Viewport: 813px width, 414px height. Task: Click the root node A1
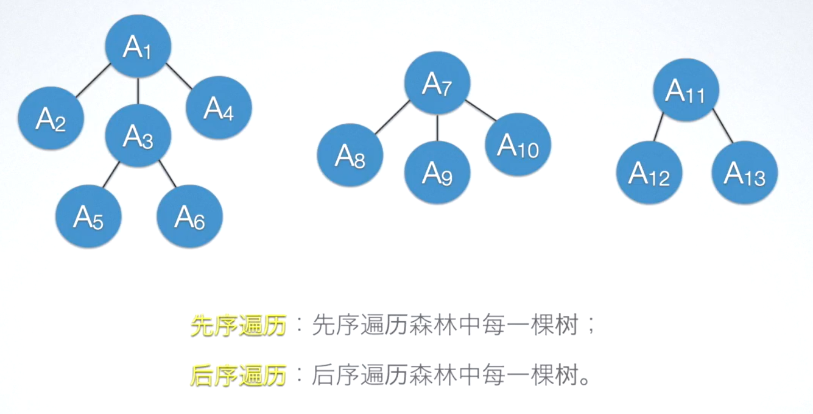click(138, 46)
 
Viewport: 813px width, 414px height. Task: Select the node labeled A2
click(51, 118)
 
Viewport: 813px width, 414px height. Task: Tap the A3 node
click(138, 136)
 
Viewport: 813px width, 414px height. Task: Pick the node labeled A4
click(219, 107)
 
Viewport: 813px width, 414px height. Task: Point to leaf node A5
click(88, 216)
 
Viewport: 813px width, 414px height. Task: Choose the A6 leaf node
click(189, 216)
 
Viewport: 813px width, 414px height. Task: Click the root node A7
click(437, 84)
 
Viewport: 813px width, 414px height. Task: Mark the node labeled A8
click(350, 155)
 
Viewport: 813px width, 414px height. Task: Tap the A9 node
click(437, 173)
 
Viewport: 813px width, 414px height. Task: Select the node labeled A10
click(518, 145)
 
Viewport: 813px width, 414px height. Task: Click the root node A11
click(686, 90)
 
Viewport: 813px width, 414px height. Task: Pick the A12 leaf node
click(649, 173)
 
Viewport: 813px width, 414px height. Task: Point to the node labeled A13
click(745, 173)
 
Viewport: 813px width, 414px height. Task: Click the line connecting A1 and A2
click(93, 80)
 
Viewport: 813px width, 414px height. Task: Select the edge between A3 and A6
click(167, 174)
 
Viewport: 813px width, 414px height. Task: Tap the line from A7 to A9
click(437, 128)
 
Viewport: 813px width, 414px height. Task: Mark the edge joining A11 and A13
click(723, 126)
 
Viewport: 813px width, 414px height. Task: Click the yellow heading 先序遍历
click(239, 326)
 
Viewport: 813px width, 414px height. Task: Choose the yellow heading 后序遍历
click(239, 376)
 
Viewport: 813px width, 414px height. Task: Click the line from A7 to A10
click(480, 110)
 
